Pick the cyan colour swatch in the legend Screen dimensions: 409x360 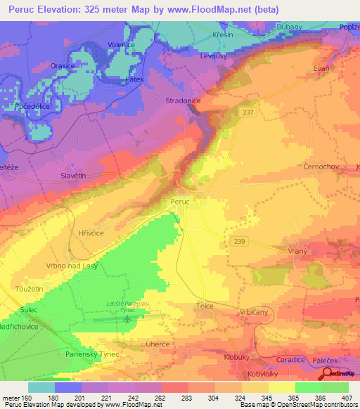[x=41, y=387]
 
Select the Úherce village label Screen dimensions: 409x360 [x=157, y=344]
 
